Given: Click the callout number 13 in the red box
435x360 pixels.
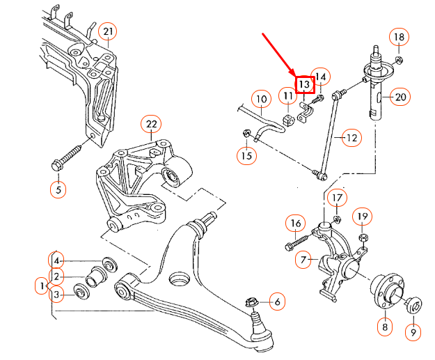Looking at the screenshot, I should pos(305,84).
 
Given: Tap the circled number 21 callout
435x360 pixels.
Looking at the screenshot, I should pos(107,31).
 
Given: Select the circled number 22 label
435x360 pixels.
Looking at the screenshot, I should pos(151,125).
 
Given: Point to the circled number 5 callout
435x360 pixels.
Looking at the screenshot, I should pos(58,189).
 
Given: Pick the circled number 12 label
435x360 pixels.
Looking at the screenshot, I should pos(351,138).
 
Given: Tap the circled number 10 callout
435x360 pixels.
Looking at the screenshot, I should pos(260,100).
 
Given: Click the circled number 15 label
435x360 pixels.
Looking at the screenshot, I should pos(246,155).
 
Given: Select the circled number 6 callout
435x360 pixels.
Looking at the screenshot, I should pos(276,302).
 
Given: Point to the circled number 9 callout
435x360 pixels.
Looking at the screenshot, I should pos(412,334).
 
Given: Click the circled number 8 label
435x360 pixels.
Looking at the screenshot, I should pos(383,325).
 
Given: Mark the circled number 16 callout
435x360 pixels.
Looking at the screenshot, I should pos(295,223).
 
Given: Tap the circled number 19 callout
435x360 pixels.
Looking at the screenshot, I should pos(362,218).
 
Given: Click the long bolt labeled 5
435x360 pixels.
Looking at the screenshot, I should pos(72,154).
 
